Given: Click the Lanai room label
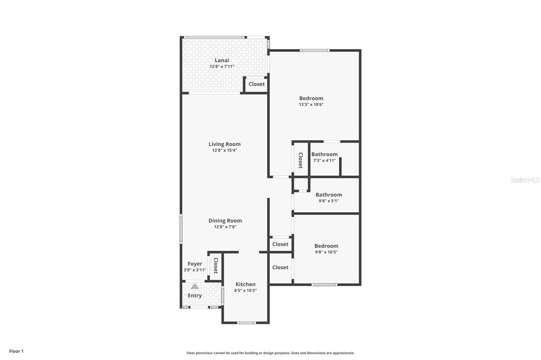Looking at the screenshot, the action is click(x=222, y=60).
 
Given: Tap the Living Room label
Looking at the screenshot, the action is click(x=225, y=144).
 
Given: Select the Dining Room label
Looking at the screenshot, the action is click(x=225, y=221).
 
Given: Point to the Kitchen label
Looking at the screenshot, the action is click(x=245, y=284).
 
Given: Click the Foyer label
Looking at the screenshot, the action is click(x=195, y=264).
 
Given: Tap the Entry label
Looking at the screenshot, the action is click(x=194, y=296).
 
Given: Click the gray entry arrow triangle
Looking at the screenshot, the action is click(x=195, y=286).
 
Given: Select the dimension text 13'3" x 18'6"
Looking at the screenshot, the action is click(x=311, y=105).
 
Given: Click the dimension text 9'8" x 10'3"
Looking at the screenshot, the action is click(x=327, y=252).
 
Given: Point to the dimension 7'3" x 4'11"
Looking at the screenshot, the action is click(x=324, y=160).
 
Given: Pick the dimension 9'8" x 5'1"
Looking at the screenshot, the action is click(x=329, y=201).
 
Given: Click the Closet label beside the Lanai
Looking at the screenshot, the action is click(x=257, y=84).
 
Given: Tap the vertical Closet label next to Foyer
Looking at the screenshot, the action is click(x=216, y=266).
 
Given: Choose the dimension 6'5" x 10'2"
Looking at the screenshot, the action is click(x=245, y=290).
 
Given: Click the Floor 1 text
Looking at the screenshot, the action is click(x=16, y=352).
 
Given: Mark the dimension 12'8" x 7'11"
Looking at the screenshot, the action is click(x=222, y=67).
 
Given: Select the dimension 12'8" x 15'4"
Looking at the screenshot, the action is click(x=225, y=150).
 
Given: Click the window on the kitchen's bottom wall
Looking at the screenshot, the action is click(x=247, y=323).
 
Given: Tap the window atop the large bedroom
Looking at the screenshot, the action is click(x=314, y=51).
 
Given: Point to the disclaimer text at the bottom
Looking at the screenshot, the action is click(x=270, y=353).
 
